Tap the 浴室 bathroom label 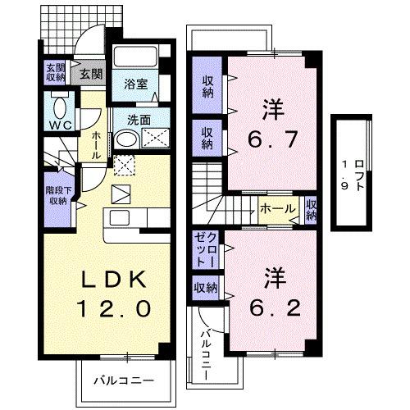[136, 84]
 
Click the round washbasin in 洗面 [125, 139]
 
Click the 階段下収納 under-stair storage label [56, 194]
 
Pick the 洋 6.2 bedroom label [269, 294]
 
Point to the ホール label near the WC [96, 144]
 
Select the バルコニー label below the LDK [123, 380]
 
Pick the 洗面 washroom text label [139, 120]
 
